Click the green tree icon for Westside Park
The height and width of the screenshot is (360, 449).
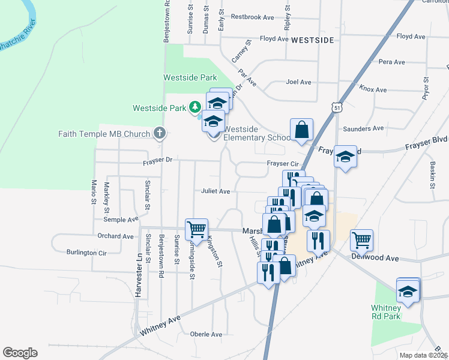point(194,108)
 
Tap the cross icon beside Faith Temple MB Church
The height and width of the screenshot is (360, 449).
point(159,133)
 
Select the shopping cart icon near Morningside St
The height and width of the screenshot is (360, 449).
point(196,229)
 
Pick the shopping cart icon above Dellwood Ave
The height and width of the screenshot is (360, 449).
point(361,239)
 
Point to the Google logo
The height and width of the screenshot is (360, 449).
point(20,353)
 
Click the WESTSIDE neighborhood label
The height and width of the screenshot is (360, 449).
point(312,40)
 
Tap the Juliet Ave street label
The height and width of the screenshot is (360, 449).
point(215,191)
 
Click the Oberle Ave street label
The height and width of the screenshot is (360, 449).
point(206,334)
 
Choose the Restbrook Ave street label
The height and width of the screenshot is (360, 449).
point(252,17)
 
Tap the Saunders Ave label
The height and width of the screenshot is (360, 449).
point(363,128)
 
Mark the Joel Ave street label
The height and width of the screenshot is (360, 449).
point(299,82)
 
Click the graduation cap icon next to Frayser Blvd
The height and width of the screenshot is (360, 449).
point(345,157)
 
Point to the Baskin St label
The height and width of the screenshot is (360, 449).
point(432,175)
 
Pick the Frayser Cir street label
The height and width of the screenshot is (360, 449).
point(283,164)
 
